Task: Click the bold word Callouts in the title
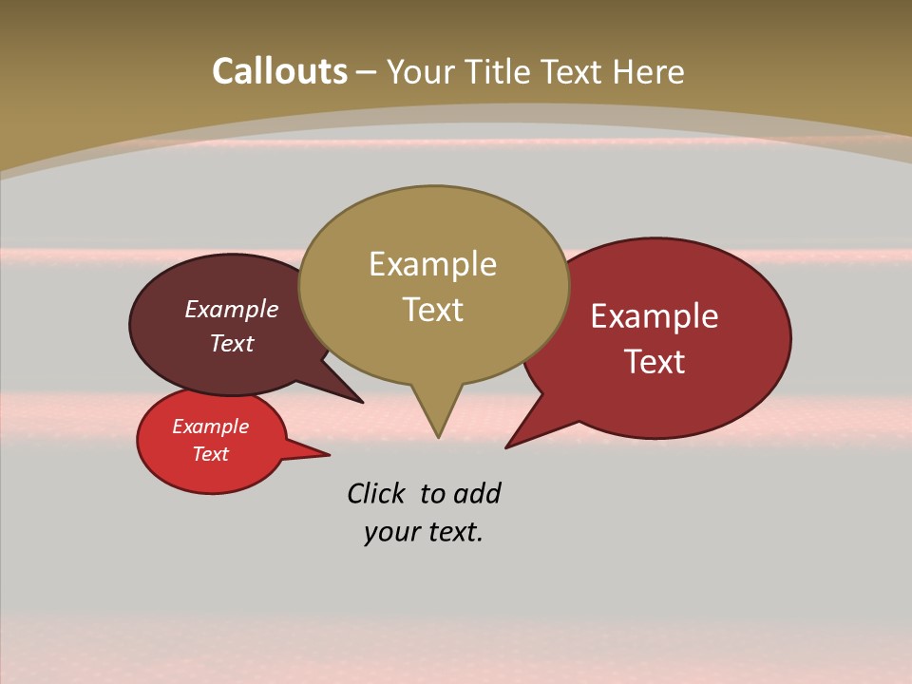[279, 71]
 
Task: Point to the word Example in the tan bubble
[432, 264]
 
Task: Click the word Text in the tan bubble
[432, 310]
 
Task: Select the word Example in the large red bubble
[655, 316]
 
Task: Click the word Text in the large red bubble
[655, 362]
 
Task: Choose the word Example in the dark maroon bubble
[232, 310]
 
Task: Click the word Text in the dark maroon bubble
[232, 344]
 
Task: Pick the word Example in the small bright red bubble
[210, 427]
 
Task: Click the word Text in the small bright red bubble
[210, 454]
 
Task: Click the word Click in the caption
[375, 494]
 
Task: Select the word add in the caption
[477, 494]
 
